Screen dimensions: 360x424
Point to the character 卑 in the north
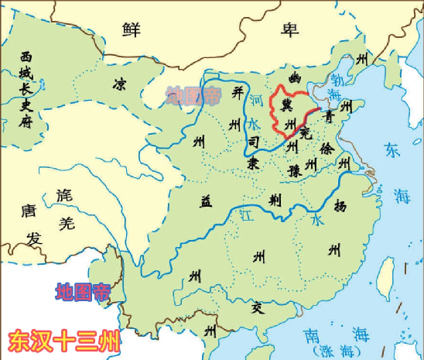[289, 30]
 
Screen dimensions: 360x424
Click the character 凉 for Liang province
[120, 83]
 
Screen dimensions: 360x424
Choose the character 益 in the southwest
[207, 201]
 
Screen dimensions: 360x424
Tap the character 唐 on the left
[29, 211]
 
